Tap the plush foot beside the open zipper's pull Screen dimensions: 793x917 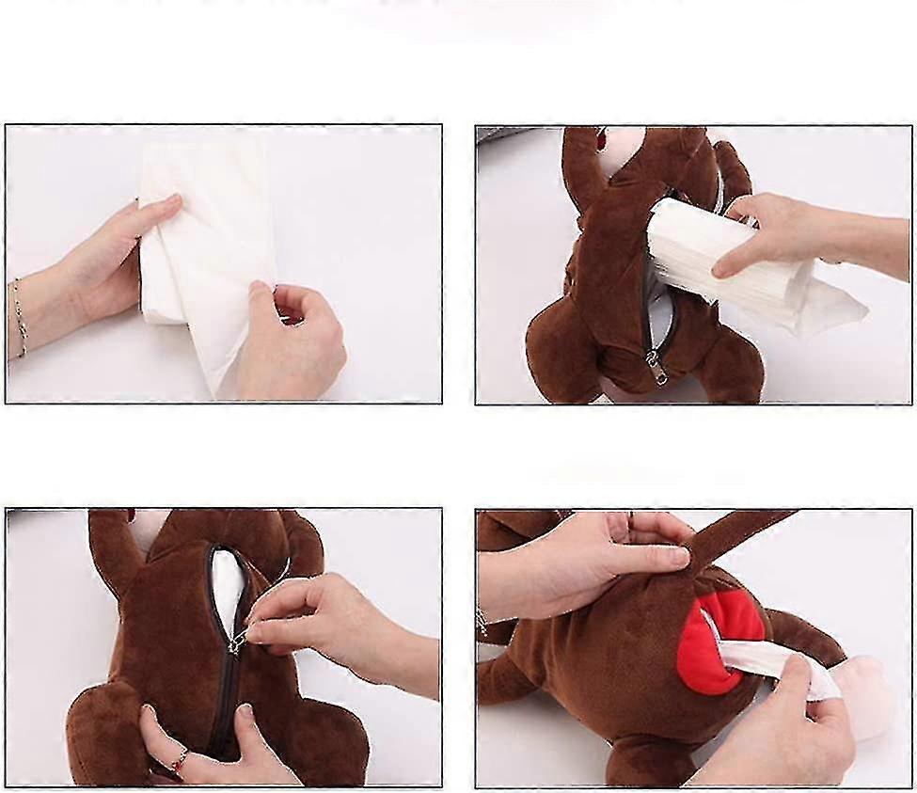(729, 367)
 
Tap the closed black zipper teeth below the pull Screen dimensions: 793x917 (222, 706)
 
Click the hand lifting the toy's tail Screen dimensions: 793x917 (583, 564)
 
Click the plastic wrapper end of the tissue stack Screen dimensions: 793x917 (832, 310)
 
